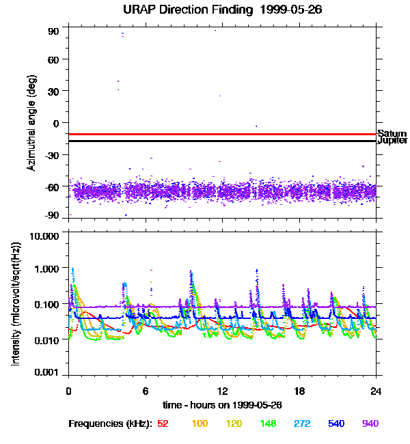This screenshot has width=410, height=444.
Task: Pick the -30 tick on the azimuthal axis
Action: click(x=53, y=155)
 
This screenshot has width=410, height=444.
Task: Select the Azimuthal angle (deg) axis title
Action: click(x=31, y=124)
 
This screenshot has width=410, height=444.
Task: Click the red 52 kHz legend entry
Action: click(x=163, y=424)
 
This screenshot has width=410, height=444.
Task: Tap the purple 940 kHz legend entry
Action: click(x=370, y=424)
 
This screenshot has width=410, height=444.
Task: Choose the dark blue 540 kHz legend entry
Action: click(x=336, y=424)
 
